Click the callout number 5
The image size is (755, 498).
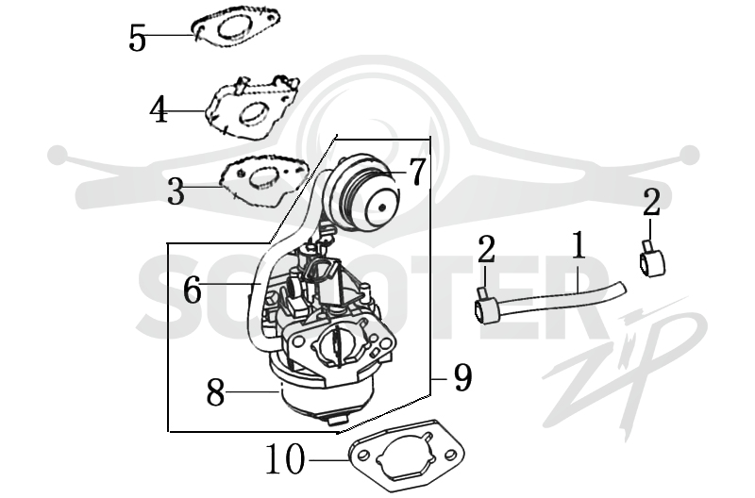(137, 39)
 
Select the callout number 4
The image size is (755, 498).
(159, 109)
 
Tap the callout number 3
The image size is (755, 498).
(176, 191)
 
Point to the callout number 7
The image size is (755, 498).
(417, 172)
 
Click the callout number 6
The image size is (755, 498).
(193, 290)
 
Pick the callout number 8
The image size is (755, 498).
(216, 392)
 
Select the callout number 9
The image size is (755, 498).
(462, 377)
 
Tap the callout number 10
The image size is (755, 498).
(286, 459)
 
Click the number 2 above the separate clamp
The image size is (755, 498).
(651, 202)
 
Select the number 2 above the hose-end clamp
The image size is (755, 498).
(486, 249)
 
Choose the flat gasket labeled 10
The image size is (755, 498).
(407, 455)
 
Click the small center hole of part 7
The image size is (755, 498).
(382, 207)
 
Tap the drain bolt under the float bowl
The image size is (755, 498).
(338, 419)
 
